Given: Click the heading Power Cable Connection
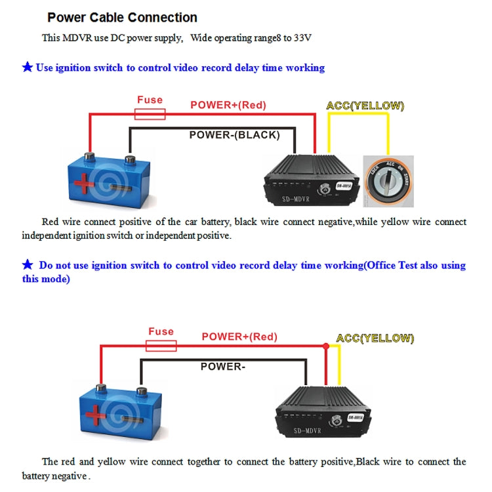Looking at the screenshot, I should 122,18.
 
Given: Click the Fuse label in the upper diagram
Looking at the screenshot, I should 150,100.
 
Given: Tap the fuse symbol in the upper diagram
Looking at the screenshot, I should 150,115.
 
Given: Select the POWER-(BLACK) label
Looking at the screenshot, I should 234,135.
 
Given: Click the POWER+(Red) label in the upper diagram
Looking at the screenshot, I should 228,105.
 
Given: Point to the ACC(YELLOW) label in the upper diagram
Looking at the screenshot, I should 365,106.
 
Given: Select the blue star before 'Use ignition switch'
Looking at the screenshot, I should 28,68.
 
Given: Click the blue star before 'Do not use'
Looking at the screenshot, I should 28,265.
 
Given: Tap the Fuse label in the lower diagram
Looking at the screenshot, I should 161,331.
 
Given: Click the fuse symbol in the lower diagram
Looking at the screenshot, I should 161,346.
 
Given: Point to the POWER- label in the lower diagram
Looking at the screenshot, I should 222,367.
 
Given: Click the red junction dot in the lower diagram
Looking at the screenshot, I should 325,346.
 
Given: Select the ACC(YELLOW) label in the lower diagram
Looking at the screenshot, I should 375,338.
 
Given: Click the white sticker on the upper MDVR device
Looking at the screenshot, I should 345,186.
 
